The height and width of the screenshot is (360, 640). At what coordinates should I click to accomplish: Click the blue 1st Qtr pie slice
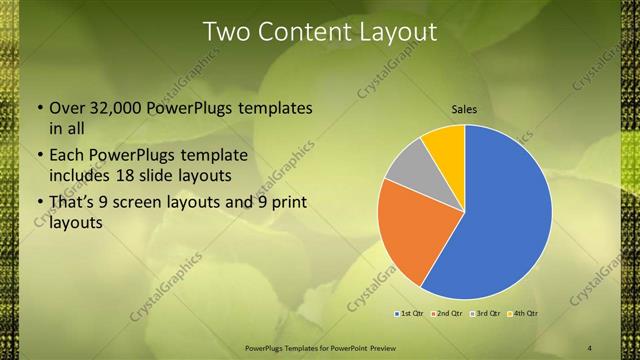pos(505,220)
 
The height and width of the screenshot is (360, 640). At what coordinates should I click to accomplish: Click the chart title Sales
pos(464,109)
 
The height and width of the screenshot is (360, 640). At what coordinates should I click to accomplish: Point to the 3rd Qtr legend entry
pos(486,313)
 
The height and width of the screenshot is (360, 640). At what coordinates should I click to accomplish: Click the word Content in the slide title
pos(300,32)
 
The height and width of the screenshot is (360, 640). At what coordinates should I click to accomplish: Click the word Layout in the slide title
pos(397,32)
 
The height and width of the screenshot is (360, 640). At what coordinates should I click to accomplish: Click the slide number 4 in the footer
pos(590,347)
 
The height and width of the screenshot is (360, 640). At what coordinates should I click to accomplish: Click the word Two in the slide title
pos(226,32)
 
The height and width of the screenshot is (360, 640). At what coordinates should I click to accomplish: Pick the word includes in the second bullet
pos(77,176)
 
